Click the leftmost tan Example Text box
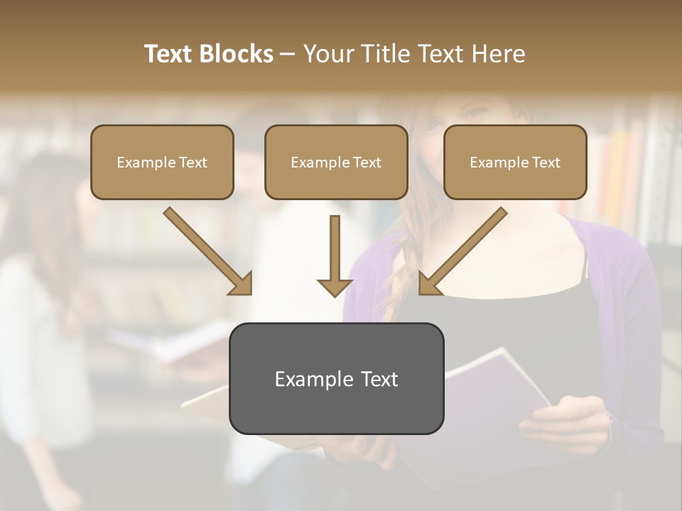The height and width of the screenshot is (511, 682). point(162,162)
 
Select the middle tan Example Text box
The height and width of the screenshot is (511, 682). point(336,162)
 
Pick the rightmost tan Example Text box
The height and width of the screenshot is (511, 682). point(515,162)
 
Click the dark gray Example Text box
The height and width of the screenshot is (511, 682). point(336,378)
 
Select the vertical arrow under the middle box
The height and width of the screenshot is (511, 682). point(335,248)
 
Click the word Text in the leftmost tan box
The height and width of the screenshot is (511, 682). point(193,162)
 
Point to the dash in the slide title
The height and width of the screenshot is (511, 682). point(288,54)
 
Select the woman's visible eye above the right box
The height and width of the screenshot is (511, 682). point(475,112)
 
